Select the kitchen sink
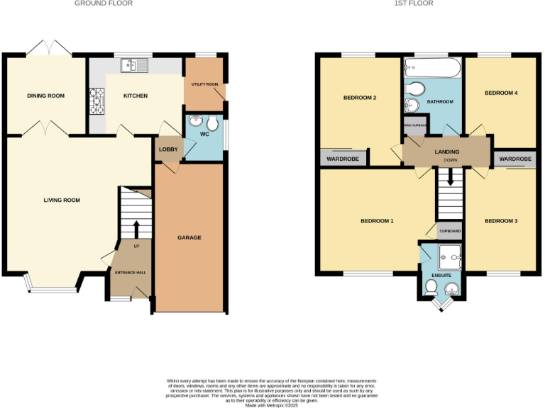click(133, 66)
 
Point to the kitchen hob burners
click(96, 101)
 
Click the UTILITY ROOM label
click(205, 84)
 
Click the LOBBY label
click(168, 149)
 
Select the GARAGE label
click(189, 237)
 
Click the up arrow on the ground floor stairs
click(136, 229)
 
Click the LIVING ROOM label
click(62, 200)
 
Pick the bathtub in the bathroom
click(433, 69)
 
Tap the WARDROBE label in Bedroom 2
click(343, 159)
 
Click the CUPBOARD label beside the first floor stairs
click(450, 232)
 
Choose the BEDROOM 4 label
click(501, 93)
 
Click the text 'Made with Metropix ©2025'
click(272, 405)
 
